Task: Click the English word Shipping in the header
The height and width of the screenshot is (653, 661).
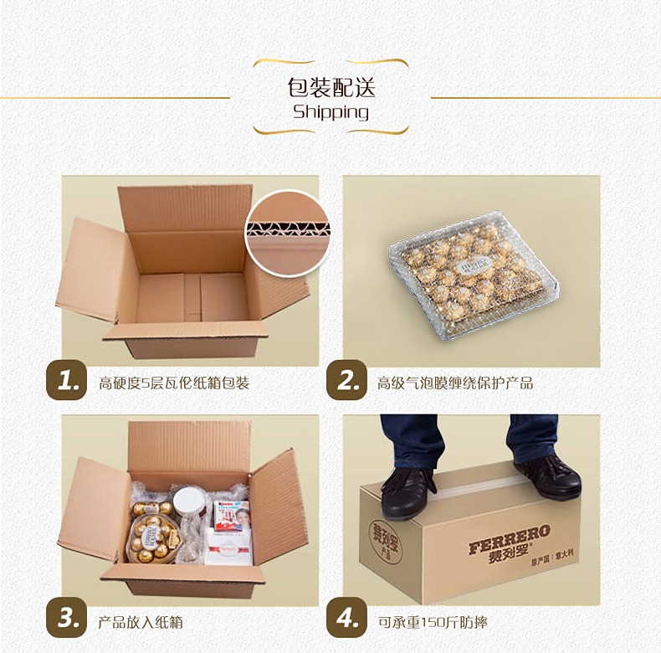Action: [331, 112]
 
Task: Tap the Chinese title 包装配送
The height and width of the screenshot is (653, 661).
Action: [331, 87]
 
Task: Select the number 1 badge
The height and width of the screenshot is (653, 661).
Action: [67, 379]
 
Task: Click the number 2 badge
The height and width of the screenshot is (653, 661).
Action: [347, 379]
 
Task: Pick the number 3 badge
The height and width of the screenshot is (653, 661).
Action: [67, 618]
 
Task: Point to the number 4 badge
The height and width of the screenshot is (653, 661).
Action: [347, 618]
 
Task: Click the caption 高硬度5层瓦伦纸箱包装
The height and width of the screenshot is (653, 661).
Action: [174, 383]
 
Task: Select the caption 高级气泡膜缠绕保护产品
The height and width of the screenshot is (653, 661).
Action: [455, 383]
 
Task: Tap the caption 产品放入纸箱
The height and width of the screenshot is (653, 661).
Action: [141, 622]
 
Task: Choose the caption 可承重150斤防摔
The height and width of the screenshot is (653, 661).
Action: [433, 622]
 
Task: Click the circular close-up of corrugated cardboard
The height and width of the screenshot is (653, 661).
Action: [288, 234]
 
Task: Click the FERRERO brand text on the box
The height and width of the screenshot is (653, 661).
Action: [510, 538]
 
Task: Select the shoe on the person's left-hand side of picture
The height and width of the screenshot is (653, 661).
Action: [407, 492]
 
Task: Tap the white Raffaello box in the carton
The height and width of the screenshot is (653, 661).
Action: [229, 548]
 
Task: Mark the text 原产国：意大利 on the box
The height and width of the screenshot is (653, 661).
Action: [553, 557]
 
